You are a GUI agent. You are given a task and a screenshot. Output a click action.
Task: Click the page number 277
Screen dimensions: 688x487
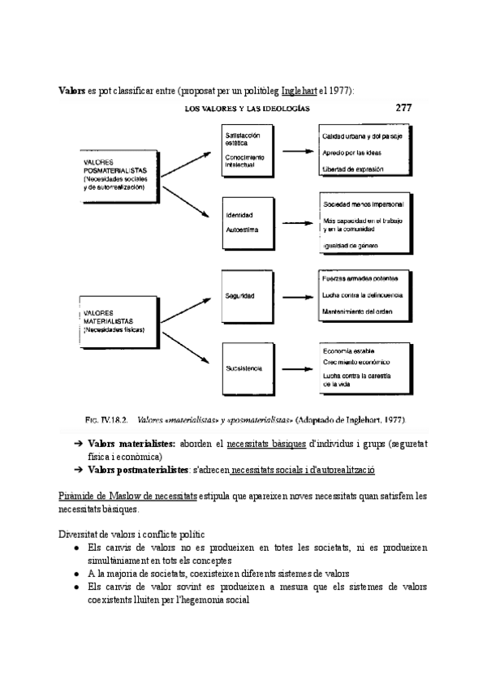404,106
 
